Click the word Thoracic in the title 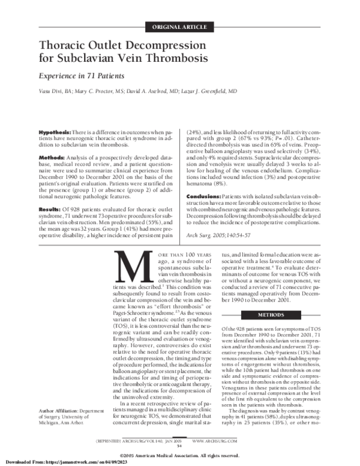(x=67, y=46)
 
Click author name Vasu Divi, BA (x=55, y=92)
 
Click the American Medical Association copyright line (x=180, y=455)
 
